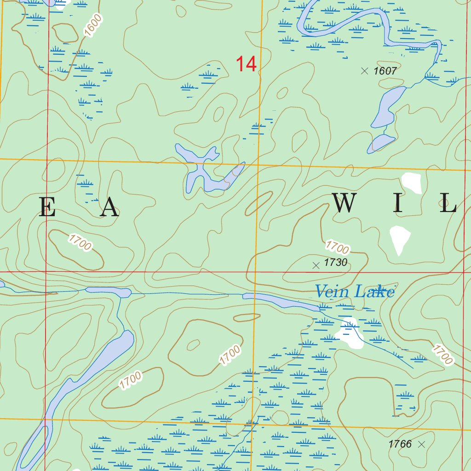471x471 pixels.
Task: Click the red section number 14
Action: [x=246, y=64]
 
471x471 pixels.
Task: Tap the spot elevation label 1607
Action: [x=385, y=71]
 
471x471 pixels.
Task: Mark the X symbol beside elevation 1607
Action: [x=365, y=71]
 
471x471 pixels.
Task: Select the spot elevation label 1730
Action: [x=335, y=263]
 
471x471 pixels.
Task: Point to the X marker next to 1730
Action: [x=316, y=265]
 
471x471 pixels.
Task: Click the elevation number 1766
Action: [x=400, y=444]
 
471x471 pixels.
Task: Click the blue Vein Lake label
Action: [x=354, y=292]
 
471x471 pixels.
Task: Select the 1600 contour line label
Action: [x=93, y=25]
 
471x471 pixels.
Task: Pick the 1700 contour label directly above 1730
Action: [x=337, y=247]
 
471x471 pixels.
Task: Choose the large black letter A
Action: [x=109, y=207]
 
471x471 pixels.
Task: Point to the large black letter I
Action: [x=398, y=203]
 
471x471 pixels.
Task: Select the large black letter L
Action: [x=447, y=203]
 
